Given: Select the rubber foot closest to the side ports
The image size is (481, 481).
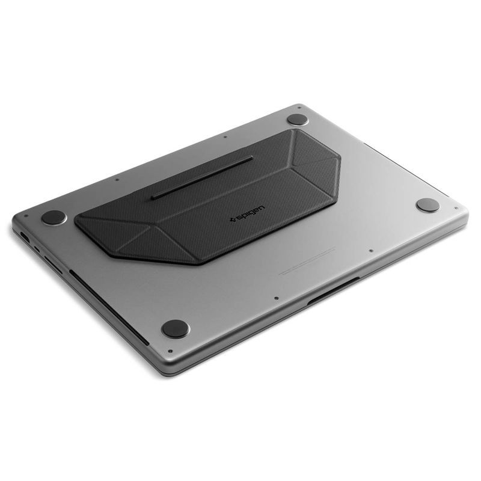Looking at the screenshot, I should (x=54, y=217).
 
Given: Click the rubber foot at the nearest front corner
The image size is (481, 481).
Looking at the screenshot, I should (x=176, y=328).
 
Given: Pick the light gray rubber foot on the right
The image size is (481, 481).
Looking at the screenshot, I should (x=427, y=205).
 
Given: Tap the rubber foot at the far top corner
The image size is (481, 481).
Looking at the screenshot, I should (x=298, y=119).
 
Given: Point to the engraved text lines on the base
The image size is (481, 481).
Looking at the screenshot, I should (x=307, y=261).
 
